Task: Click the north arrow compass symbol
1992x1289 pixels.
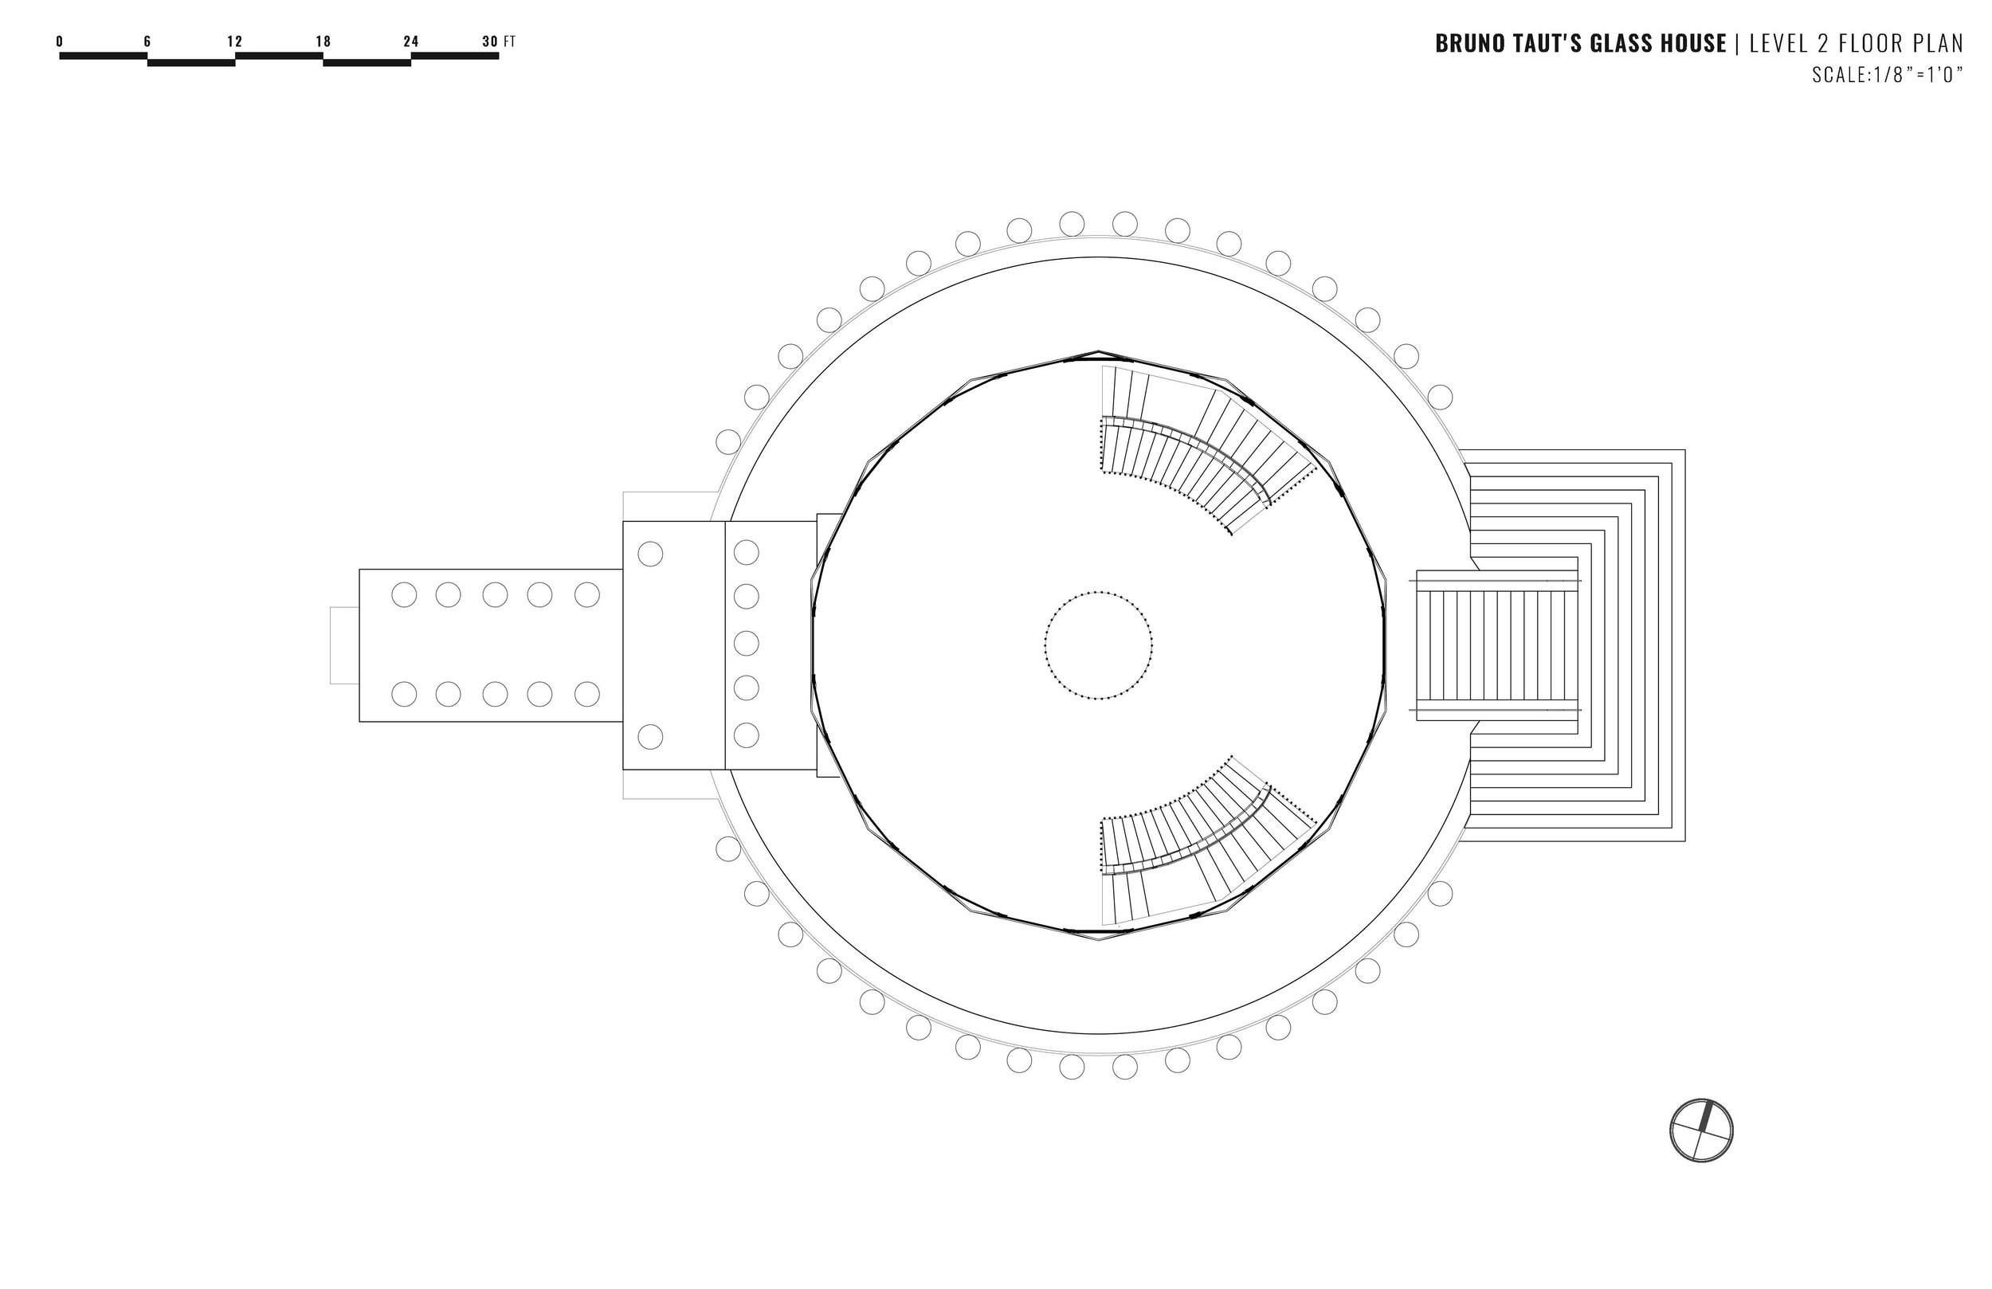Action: point(1700,1130)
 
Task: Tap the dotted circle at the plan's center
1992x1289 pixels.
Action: point(1098,645)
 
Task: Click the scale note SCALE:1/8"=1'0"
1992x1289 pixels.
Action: point(1888,75)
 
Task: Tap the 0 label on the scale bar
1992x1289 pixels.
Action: point(60,41)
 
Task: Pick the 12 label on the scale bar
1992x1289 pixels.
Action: point(234,41)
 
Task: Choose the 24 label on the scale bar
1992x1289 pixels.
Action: point(410,41)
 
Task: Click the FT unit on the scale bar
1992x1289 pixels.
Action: point(510,41)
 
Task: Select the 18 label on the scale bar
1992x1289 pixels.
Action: point(323,41)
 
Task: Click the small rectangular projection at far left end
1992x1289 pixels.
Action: point(344,645)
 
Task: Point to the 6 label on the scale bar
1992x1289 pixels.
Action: point(147,41)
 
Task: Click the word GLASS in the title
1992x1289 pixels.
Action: point(1619,44)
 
